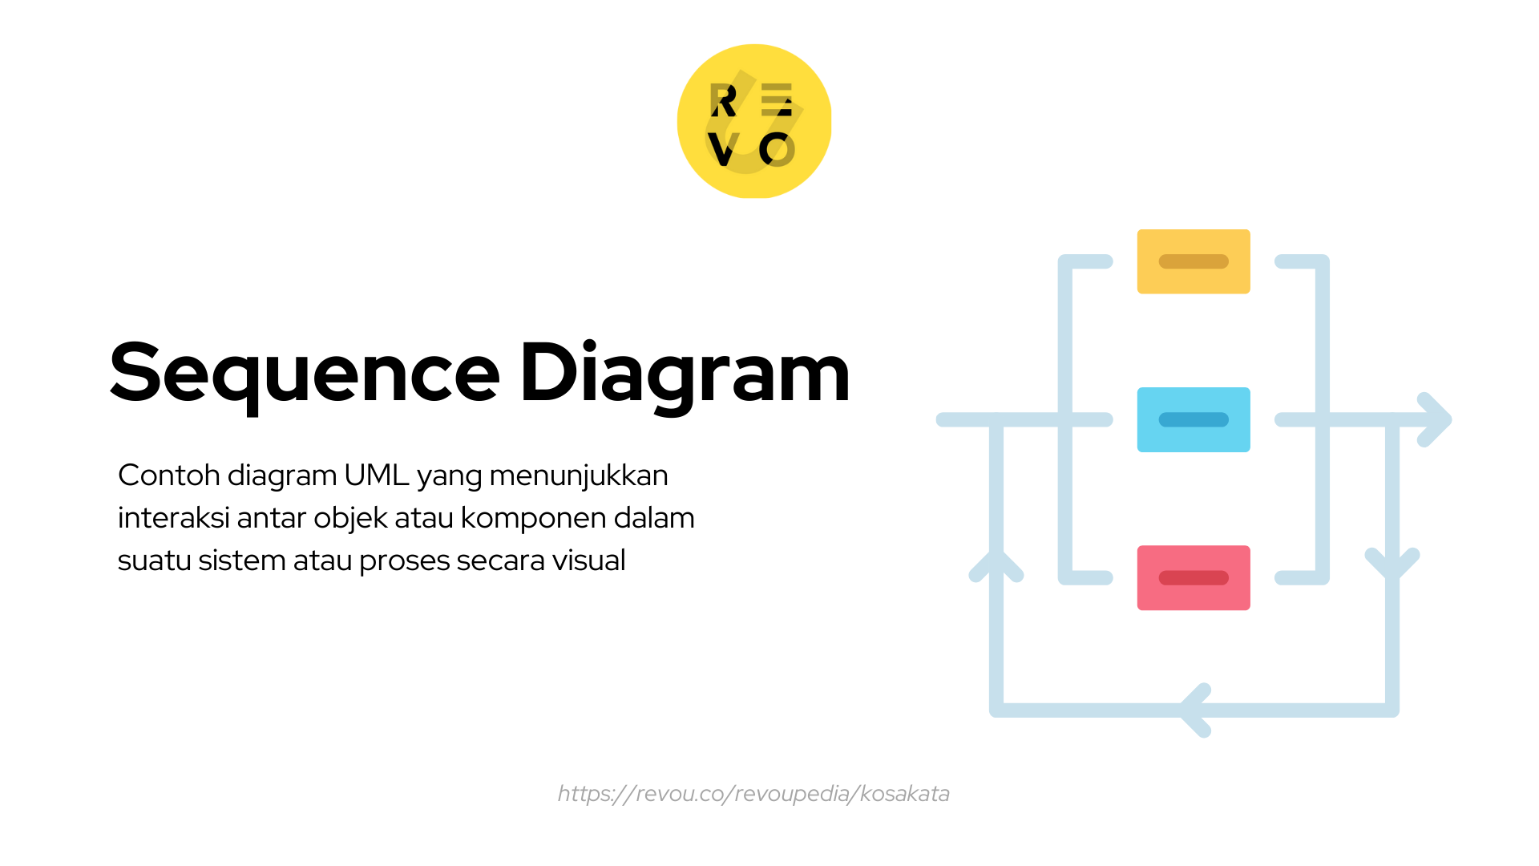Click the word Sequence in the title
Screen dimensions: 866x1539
click(x=305, y=373)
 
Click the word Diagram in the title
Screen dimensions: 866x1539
click(x=685, y=373)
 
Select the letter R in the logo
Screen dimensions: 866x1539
click(x=723, y=101)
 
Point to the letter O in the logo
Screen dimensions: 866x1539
click(x=777, y=150)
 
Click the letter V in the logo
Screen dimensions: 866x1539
click(x=723, y=150)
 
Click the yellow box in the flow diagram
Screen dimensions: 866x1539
click(x=1194, y=261)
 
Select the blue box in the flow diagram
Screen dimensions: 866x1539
click(x=1194, y=419)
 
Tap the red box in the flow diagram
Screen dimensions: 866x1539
click(x=1194, y=577)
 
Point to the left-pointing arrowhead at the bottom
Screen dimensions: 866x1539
click(x=1194, y=710)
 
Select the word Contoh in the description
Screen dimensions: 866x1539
click(x=169, y=475)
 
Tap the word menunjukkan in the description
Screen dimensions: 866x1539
click(x=578, y=475)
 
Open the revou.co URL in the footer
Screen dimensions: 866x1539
click(x=753, y=794)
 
